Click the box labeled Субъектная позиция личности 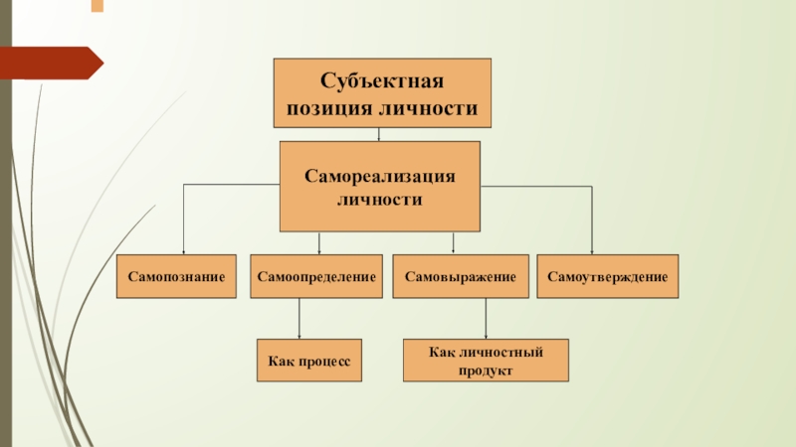[x=383, y=92]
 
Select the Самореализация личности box [x=380, y=186]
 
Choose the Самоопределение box [x=317, y=277]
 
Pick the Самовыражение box [x=460, y=277]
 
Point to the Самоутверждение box [x=608, y=277]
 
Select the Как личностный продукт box [x=486, y=361]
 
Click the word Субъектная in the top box [x=382, y=79]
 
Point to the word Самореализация [x=380, y=175]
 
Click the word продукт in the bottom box [x=486, y=371]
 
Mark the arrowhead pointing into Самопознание [x=183, y=251]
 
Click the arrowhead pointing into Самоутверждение [x=592, y=251]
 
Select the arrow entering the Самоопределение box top [x=318, y=244]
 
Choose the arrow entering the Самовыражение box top [x=454, y=244]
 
